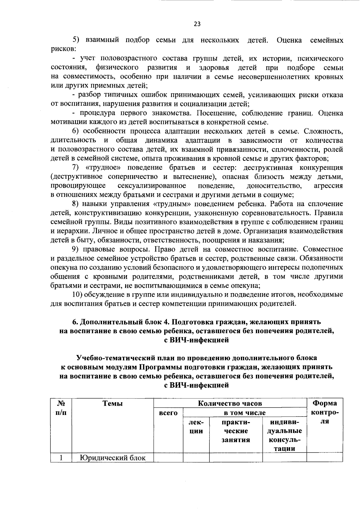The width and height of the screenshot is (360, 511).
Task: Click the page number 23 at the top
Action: (x=197, y=24)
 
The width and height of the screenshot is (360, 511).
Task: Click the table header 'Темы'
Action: (x=112, y=404)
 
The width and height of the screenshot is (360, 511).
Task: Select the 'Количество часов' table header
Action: (x=230, y=403)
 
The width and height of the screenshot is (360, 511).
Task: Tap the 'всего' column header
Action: (x=168, y=413)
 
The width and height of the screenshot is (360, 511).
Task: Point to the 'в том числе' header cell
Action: (x=245, y=413)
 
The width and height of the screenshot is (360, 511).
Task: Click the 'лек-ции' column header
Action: (x=196, y=427)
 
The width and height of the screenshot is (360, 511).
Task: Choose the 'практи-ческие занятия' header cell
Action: (x=236, y=431)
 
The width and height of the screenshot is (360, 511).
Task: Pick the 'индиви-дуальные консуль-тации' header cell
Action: (x=284, y=435)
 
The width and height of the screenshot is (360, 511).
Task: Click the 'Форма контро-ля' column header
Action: (x=325, y=412)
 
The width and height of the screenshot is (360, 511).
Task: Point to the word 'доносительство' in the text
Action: (x=274, y=186)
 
